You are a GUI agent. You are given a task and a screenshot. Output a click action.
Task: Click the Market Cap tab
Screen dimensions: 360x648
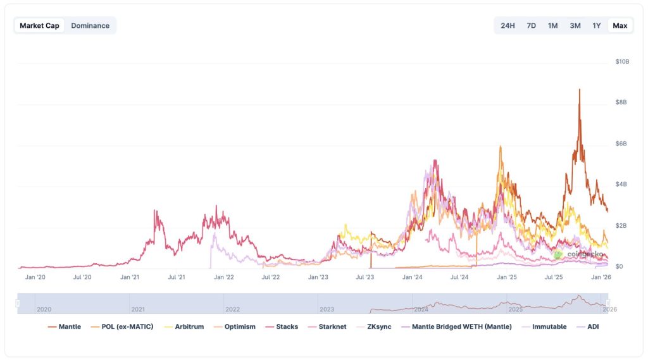coord(39,25)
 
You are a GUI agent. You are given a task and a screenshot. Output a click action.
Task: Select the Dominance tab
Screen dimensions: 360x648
coord(90,25)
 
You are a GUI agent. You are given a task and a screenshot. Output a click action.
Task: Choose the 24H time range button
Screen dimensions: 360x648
coord(508,25)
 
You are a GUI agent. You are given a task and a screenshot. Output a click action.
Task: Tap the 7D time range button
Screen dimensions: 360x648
coord(532,25)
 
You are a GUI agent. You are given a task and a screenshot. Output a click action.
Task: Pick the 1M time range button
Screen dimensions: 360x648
coord(552,25)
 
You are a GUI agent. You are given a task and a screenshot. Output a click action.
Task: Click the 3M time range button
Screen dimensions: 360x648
coord(575,25)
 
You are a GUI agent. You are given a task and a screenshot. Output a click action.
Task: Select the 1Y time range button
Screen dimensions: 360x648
coord(596,25)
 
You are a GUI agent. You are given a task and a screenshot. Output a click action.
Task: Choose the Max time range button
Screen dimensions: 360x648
coord(620,25)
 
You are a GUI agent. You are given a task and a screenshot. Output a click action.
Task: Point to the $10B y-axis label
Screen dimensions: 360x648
coord(622,61)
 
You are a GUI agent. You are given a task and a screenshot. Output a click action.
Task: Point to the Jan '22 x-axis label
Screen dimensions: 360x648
coord(224,277)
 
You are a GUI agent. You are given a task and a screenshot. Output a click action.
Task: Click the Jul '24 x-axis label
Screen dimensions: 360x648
coord(459,277)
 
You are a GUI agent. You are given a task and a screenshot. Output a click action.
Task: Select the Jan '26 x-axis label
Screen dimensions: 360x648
coord(601,277)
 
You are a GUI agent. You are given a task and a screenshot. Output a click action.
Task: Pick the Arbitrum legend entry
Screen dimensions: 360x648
coord(189,327)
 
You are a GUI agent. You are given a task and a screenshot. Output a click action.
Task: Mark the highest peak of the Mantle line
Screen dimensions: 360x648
coord(579,89)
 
